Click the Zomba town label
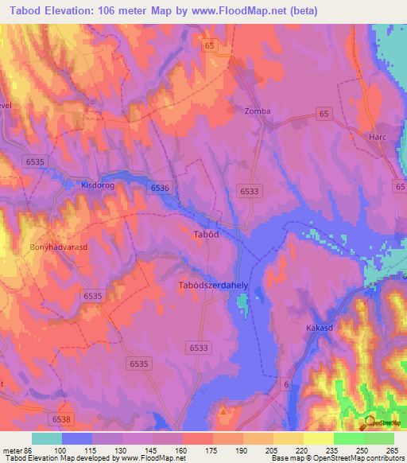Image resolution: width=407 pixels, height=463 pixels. tap(258, 111)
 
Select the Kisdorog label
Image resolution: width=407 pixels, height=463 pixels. tap(98, 185)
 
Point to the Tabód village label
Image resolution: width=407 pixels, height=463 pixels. tap(205, 235)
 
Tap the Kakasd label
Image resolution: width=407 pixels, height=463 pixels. tap(319, 328)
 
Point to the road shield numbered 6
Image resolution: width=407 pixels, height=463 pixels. tap(285, 386)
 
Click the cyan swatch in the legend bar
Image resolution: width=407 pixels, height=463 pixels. tap(47, 438)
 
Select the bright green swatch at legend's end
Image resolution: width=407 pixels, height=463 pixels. tap(379, 438)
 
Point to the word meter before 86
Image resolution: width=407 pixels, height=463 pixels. tap(14, 450)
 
